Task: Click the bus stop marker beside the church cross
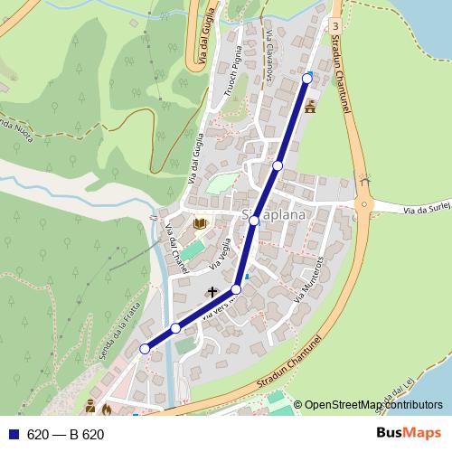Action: point(237,289)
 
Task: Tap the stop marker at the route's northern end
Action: point(306,79)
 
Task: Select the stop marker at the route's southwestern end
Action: point(145,349)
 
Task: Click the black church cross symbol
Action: point(214,292)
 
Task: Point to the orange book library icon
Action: point(200,223)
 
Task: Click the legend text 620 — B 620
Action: point(67,435)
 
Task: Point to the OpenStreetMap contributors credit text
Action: point(373,405)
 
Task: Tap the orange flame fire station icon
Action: point(106,410)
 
